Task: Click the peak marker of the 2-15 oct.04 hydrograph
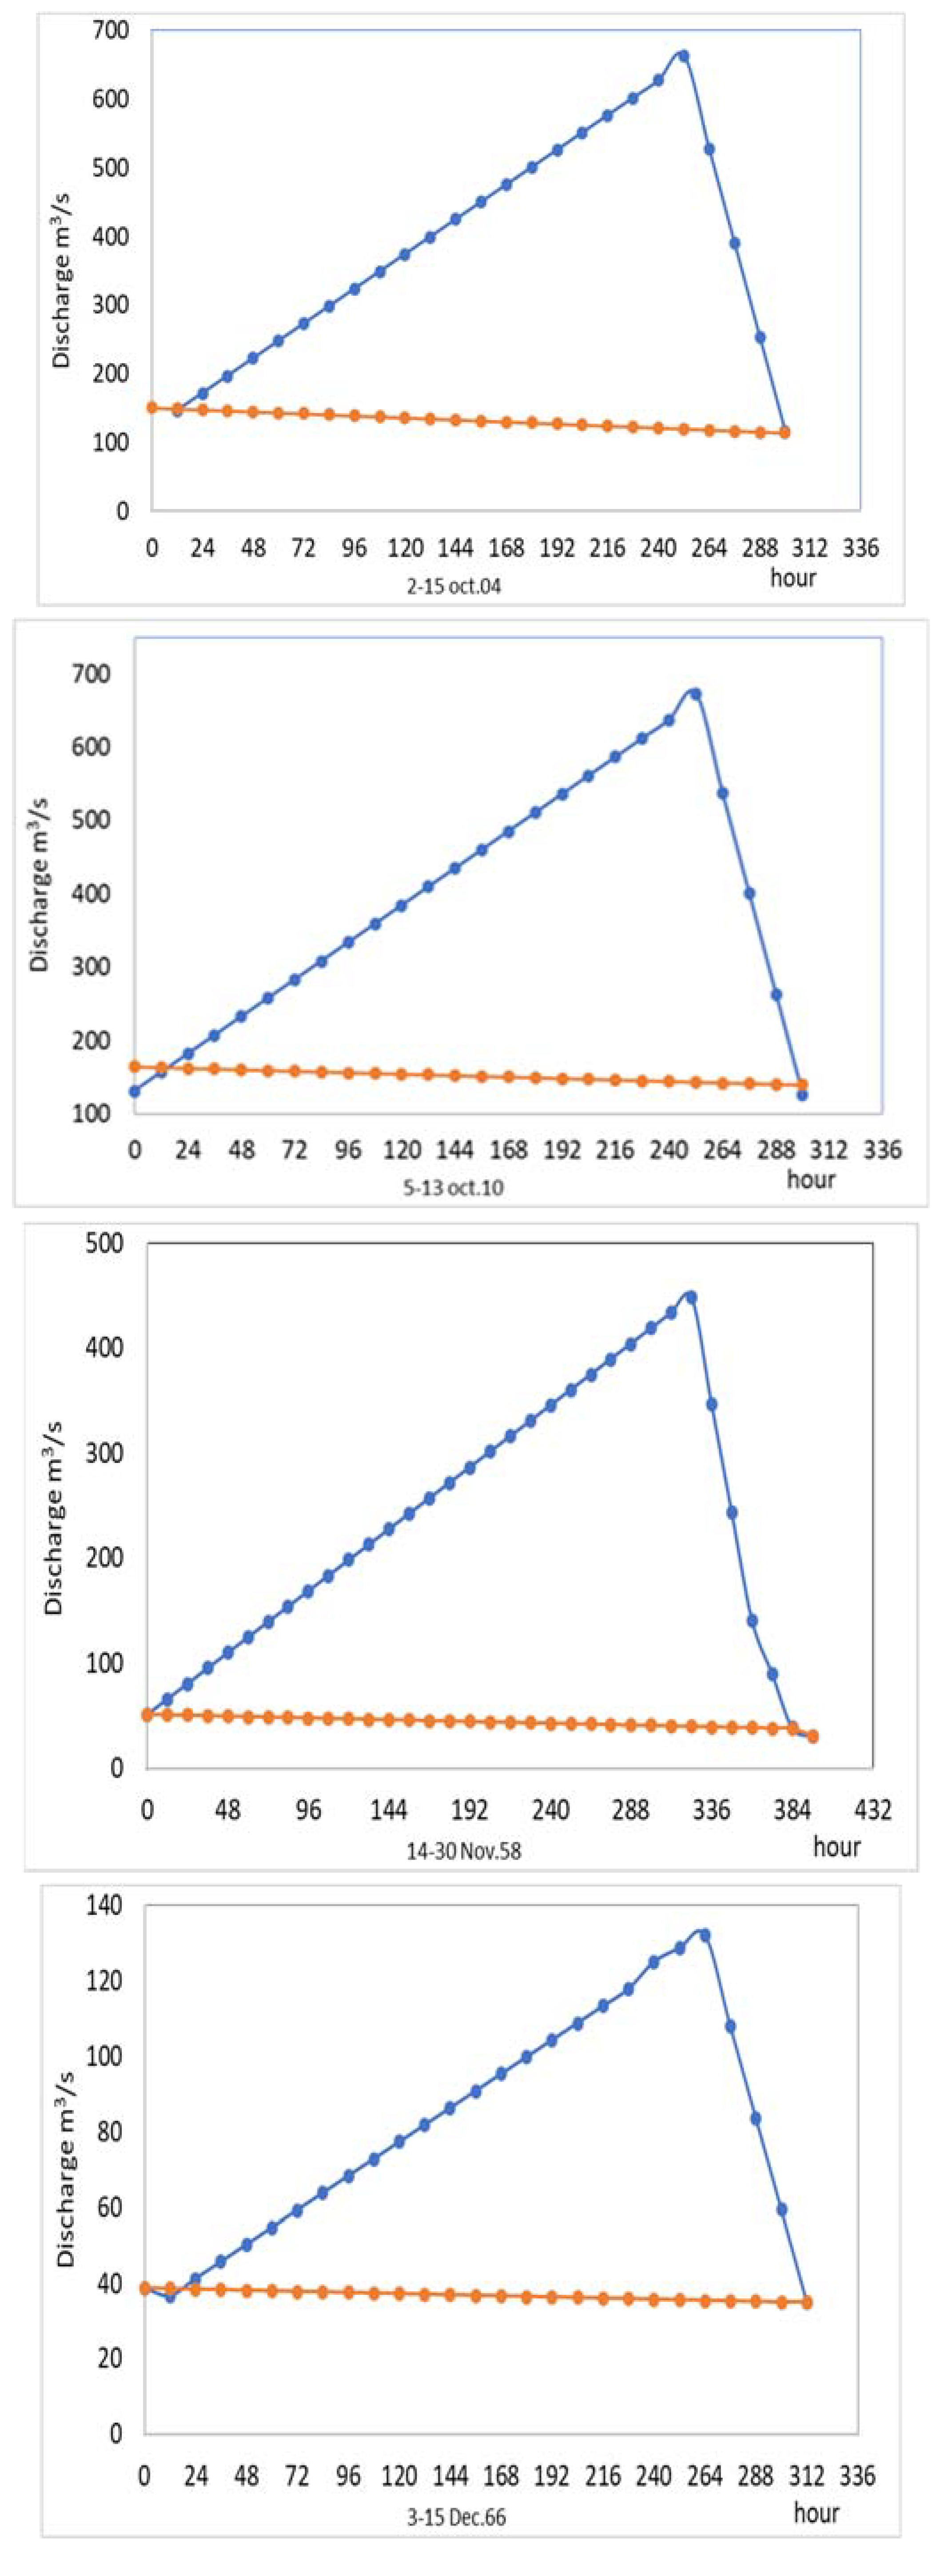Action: tap(683, 56)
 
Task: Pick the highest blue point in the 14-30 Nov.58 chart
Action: tap(691, 1297)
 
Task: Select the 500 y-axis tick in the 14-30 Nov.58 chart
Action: tap(105, 1243)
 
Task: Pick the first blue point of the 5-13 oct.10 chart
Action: tap(135, 1091)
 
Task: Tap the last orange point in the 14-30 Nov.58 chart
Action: tap(813, 1736)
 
